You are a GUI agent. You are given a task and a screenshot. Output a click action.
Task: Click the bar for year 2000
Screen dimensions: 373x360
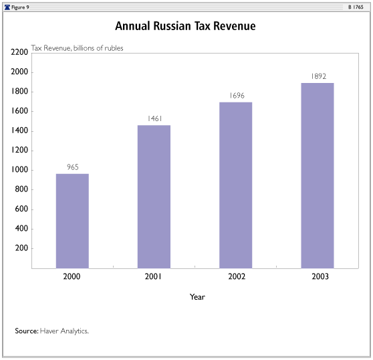tap(72, 221)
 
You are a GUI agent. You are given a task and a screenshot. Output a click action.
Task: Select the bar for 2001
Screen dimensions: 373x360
tap(154, 197)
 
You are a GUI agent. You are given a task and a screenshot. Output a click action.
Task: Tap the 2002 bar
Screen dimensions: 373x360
tap(235, 185)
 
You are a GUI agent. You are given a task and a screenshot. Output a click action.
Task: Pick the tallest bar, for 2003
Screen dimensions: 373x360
tap(318, 176)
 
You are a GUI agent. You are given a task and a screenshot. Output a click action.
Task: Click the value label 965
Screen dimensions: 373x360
tap(73, 167)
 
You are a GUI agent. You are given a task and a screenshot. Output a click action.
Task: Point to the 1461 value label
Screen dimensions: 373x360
tap(155, 118)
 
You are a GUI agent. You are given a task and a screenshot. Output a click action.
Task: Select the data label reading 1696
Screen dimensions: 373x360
tap(237, 96)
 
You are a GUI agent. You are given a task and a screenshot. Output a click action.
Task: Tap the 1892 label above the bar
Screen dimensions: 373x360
tap(319, 76)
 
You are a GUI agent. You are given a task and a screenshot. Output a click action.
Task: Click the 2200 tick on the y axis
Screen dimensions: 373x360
tap(19, 52)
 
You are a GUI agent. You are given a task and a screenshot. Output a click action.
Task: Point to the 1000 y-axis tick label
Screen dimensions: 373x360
tap(20, 170)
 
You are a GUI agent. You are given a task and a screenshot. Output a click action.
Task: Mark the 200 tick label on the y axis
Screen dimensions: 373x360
tap(21, 248)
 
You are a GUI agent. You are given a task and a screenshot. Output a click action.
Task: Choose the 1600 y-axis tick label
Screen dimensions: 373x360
tap(20, 111)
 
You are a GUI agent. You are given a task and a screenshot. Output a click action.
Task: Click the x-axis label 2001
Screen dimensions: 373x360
tap(153, 276)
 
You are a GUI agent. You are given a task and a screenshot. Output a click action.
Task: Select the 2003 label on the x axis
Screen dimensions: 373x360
tap(320, 276)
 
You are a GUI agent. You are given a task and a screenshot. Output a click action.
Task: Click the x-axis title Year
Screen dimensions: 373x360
tap(197, 297)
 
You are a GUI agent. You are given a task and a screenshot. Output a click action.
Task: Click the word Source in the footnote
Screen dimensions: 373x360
tap(27, 331)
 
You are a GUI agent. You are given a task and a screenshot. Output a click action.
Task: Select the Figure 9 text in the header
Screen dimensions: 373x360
tap(20, 7)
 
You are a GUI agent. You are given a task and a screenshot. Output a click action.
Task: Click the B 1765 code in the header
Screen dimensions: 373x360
tap(356, 7)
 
